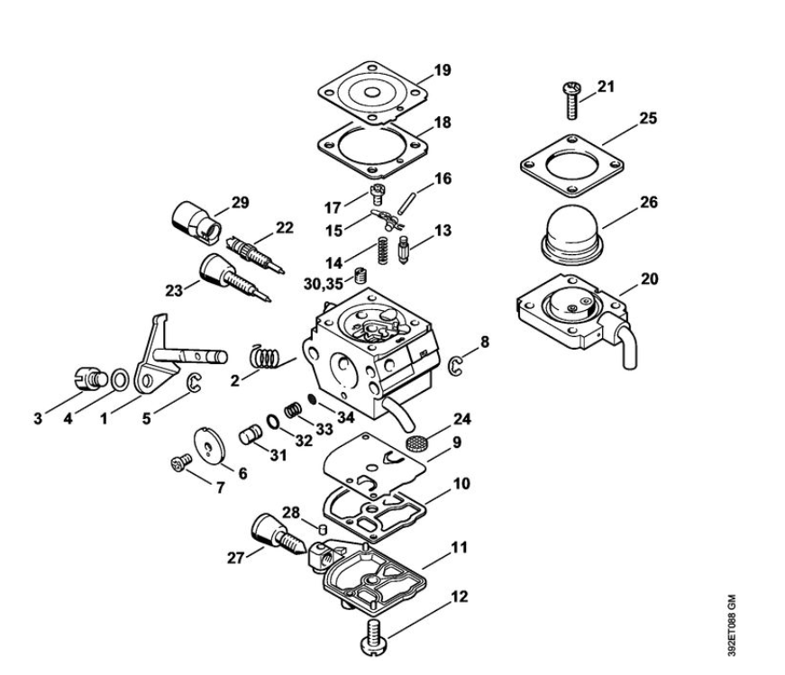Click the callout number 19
[x=442, y=69]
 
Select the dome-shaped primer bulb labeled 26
[x=571, y=234]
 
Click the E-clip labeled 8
[x=455, y=366]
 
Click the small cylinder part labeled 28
[x=323, y=528]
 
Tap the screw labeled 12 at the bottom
[x=373, y=636]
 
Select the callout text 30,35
[x=324, y=284]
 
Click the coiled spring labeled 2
[x=264, y=357]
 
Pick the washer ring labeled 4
[x=119, y=380]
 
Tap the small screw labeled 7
[x=181, y=462]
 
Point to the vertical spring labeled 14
[x=382, y=251]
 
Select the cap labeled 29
[x=196, y=223]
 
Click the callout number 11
[x=459, y=547]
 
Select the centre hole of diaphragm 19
[x=371, y=93]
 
